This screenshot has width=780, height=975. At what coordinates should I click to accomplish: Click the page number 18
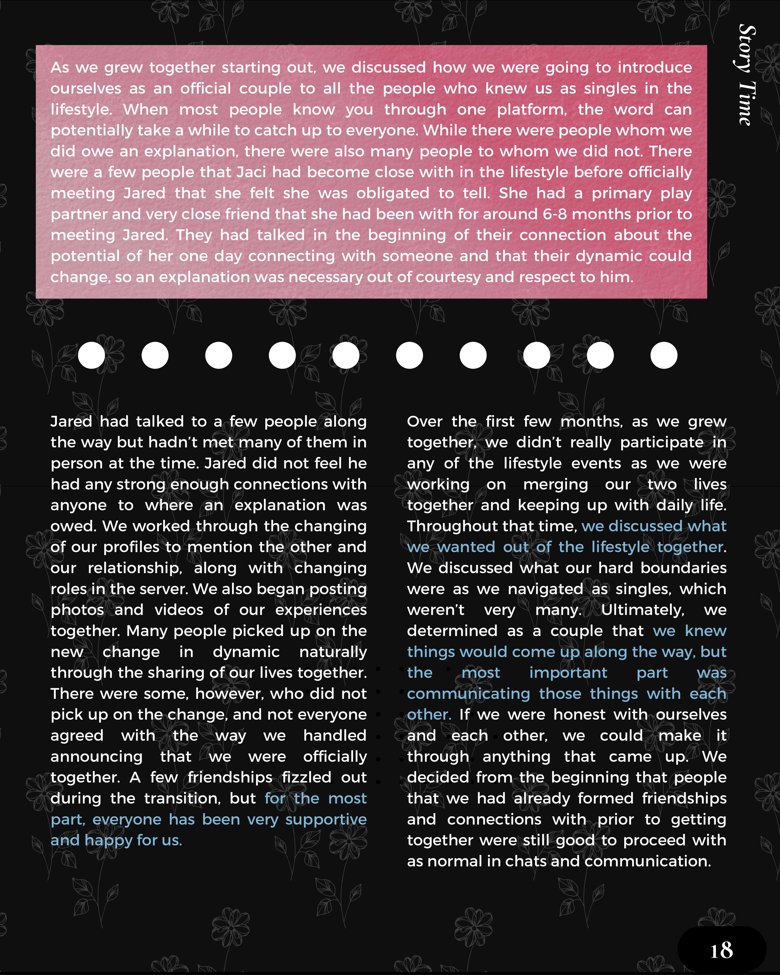coord(721,950)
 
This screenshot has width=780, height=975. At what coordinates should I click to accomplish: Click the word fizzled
coord(307,777)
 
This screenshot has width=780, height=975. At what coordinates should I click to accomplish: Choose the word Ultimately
coord(642,610)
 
